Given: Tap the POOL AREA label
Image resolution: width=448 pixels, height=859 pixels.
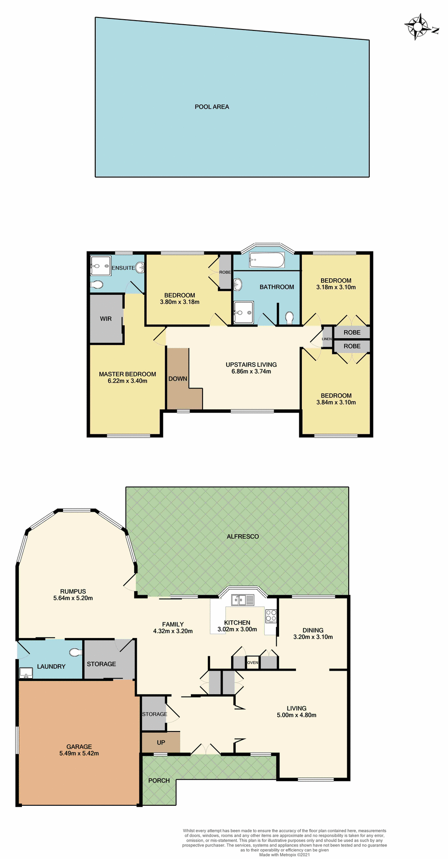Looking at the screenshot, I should pos(212,107).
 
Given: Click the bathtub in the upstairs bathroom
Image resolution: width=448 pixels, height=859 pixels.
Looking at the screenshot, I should pos(266,260).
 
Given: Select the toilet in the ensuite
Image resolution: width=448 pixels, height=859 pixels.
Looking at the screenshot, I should pos(97,285).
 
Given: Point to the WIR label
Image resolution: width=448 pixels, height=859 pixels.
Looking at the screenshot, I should pos(106,319).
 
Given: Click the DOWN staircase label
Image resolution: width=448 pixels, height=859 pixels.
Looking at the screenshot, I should pos(178,379).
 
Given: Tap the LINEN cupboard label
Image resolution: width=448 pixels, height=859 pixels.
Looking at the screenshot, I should pos(327,339).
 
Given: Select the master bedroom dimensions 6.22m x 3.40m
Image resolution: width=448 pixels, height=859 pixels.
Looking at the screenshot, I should pos(127,381).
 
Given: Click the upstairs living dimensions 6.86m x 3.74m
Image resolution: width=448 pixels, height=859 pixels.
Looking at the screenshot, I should pos(251,371).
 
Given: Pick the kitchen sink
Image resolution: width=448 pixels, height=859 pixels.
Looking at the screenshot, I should pos(242,600).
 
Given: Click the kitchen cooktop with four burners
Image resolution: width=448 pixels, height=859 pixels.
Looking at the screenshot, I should pos(271,616).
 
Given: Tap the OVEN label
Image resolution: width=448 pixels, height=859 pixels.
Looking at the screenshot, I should pos(253,663).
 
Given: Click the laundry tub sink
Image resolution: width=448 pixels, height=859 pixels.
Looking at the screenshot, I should pos(26,673).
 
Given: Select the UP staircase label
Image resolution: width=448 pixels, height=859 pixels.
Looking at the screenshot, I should pos(161,743).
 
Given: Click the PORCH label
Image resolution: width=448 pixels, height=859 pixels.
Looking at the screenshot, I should pos(159,781).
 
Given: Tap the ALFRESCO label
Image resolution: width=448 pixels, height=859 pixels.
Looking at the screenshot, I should pos(243,536).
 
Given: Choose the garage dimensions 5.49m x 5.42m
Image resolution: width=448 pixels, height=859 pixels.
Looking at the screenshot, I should pos(79,753).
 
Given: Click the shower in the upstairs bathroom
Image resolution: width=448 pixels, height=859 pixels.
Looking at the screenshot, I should pos(244,312).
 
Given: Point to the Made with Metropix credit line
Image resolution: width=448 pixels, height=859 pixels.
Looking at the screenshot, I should pos(284,855).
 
